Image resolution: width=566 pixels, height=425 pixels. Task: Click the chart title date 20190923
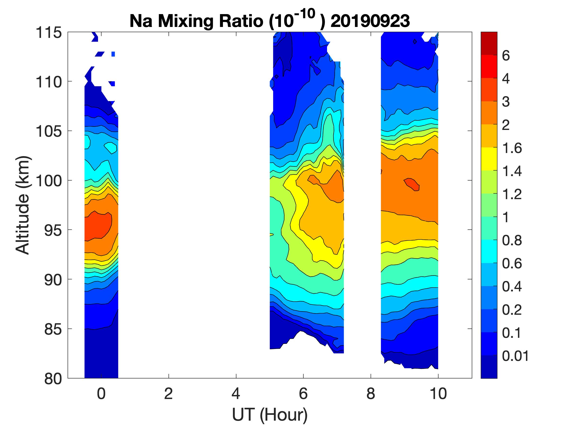(x=370, y=21)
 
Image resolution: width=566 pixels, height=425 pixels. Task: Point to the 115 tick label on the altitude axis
(x=49, y=33)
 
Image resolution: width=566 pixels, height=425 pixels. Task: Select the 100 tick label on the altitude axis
(x=49, y=181)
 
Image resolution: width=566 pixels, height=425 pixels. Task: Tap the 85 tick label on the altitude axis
(x=53, y=329)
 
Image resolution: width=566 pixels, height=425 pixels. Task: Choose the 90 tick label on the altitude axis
(x=53, y=280)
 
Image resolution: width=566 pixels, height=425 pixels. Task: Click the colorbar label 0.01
(x=515, y=356)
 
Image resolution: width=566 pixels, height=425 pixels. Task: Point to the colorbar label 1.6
(x=511, y=148)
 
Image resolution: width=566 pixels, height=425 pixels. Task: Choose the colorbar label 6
(x=506, y=56)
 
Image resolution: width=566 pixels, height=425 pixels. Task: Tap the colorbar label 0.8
(x=511, y=241)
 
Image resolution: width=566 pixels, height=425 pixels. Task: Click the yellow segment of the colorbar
(x=489, y=159)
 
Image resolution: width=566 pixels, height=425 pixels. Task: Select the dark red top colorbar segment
(x=489, y=43)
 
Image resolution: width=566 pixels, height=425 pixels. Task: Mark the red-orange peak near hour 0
(x=98, y=225)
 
